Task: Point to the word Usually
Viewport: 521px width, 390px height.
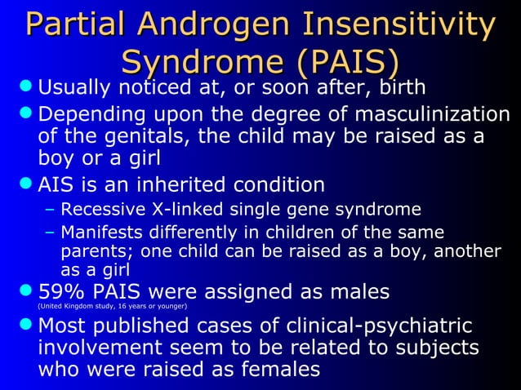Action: [78, 86]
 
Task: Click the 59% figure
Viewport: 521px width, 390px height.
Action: [62, 290]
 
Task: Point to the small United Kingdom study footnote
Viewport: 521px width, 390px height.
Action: [113, 307]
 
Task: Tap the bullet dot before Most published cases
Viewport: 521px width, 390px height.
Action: [26, 326]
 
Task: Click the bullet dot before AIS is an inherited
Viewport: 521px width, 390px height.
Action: [26, 184]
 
